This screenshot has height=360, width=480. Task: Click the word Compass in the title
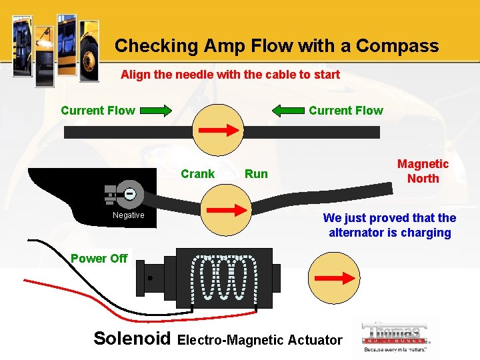coord(397,46)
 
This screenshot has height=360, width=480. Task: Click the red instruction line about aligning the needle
coord(230,75)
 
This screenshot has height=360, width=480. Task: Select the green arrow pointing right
coord(157,111)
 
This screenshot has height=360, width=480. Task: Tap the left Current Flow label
coord(97,111)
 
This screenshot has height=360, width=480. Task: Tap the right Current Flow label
coord(346,111)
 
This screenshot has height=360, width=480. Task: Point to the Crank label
coord(198,174)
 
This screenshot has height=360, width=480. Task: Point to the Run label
coord(256,174)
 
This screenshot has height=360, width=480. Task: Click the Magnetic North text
coord(423,171)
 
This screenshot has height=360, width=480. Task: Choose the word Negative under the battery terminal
coord(128,215)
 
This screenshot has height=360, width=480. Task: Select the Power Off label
coord(99,258)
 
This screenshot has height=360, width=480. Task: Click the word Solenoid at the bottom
coord(133,338)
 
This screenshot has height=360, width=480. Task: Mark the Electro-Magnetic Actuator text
coord(260,340)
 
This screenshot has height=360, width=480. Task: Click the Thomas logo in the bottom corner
coord(395,337)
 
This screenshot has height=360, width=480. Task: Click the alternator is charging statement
coord(389,225)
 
